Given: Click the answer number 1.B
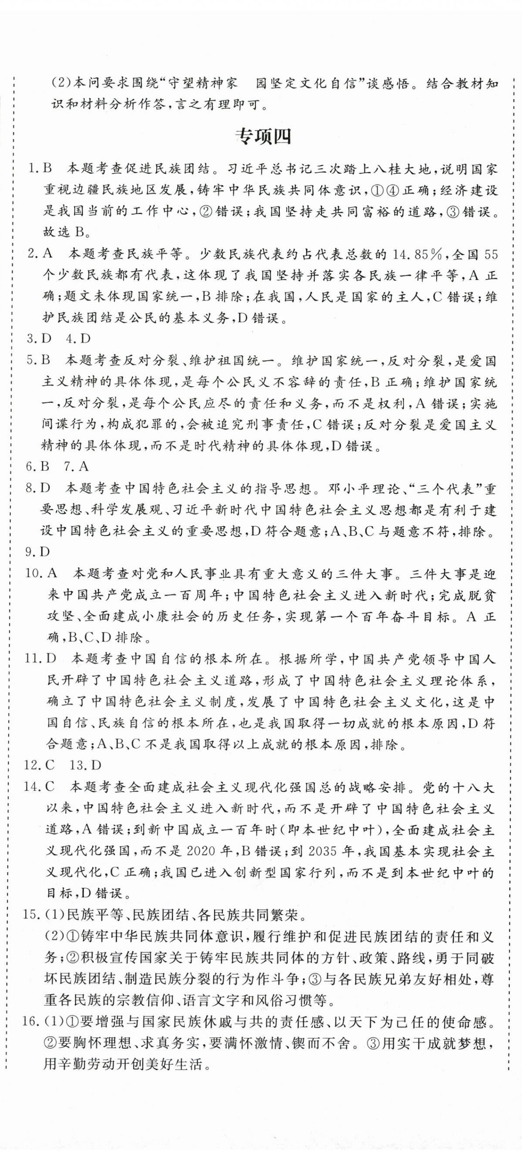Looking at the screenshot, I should click(x=40, y=169).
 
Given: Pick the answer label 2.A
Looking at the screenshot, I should click(x=40, y=254).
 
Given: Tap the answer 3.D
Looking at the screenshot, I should click(x=39, y=338).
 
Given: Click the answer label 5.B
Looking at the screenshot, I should click(x=39, y=360).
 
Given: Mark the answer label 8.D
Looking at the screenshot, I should click(x=39, y=488).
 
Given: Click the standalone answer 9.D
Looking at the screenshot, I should click(x=39, y=552).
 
